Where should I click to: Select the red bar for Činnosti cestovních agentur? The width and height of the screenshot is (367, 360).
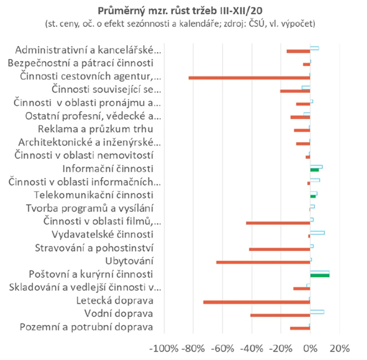pyautogui.click(x=249, y=77)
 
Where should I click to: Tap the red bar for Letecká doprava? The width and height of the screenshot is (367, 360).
pyautogui.click(x=256, y=302)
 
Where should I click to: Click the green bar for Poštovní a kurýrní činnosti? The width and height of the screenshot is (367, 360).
pyautogui.click(x=319, y=275)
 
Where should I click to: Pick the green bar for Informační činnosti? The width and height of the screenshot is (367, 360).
pyautogui.click(x=314, y=170)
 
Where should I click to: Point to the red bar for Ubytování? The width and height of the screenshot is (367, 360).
pyautogui.click(x=263, y=262)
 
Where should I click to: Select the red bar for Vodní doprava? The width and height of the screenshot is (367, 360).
pyautogui.click(x=280, y=315)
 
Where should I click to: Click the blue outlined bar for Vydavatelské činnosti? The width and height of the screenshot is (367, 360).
pyautogui.click(x=317, y=233)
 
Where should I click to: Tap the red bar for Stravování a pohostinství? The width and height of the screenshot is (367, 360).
pyautogui.click(x=279, y=249)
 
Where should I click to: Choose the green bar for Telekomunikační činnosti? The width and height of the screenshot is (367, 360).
pyautogui.click(x=313, y=196)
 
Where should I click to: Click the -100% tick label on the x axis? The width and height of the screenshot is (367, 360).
pyautogui.click(x=163, y=349)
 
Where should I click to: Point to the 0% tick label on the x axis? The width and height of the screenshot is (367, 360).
pyautogui.click(x=310, y=349)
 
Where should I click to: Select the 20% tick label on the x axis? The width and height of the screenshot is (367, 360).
pyautogui.click(x=339, y=349)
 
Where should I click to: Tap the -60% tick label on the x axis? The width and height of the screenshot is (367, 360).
pyautogui.click(x=222, y=349)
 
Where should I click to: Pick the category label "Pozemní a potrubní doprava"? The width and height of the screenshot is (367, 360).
pyautogui.click(x=86, y=327)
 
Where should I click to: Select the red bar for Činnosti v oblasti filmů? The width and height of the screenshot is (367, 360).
pyautogui.click(x=278, y=222)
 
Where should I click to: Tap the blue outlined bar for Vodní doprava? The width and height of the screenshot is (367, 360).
pyautogui.click(x=317, y=312)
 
